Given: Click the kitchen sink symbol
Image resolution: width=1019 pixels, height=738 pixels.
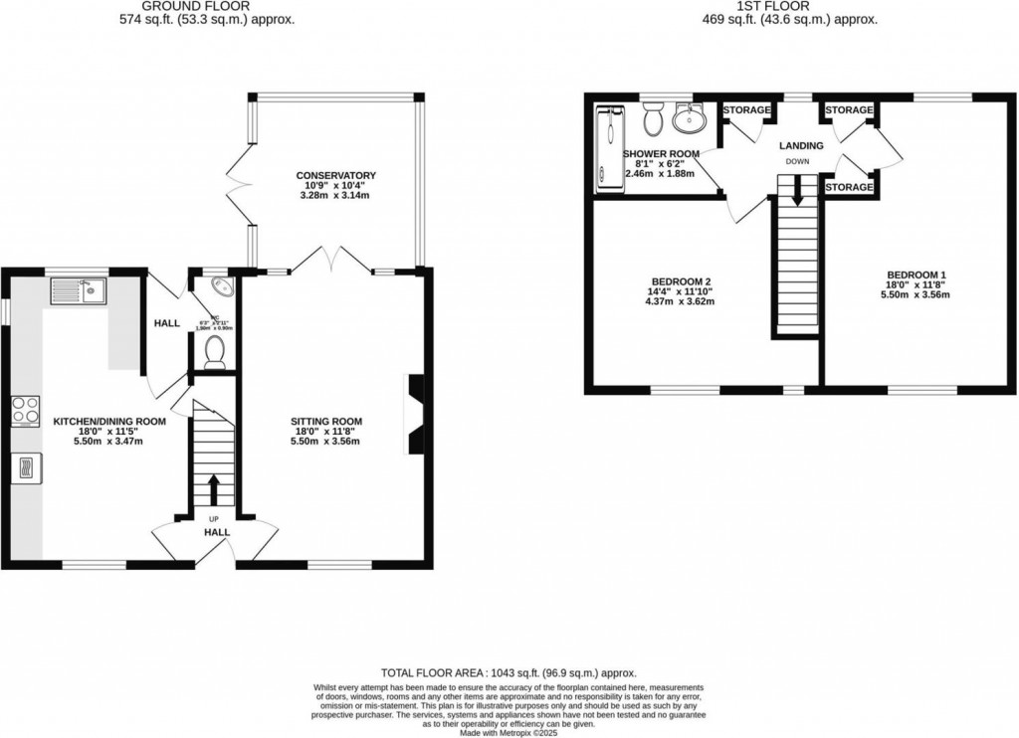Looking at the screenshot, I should pyautogui.click(x=79, y=291).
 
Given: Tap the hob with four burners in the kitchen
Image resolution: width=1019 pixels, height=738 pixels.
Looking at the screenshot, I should pyautogui.click(x=26, y=410).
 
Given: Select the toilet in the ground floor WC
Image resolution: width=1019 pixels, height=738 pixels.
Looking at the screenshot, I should pyautogui.click(x=214, y=353).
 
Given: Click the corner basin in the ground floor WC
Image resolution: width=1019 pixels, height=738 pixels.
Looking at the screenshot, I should pyautogui.click(x=225, y=286).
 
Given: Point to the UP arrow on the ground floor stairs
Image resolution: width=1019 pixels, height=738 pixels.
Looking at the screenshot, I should pyautogui.click(x=214, y=489).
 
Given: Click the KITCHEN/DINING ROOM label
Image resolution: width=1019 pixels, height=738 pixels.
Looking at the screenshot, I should pyautogui.click(x=109, y=421).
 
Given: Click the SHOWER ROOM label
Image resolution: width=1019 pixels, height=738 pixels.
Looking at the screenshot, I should pyautogui.click(x=661, y=153).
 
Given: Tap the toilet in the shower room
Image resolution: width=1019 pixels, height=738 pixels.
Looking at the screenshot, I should pyautogui.click(x=653, y=121).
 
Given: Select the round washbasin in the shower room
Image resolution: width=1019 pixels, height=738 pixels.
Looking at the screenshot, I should pyautogui.click(x=687, y=119).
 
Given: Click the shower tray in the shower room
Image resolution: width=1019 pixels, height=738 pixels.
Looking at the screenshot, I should pyautogui.click(x=605, y=149).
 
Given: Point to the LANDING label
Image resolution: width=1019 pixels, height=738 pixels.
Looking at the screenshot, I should pyautogui.click(x=800, y=145).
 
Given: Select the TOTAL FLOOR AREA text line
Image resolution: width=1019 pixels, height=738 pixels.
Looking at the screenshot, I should pyautogui.click(x=509, y=673).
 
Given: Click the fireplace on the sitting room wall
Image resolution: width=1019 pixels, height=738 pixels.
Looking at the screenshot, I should pyautogui.click(x=414, y=414).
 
